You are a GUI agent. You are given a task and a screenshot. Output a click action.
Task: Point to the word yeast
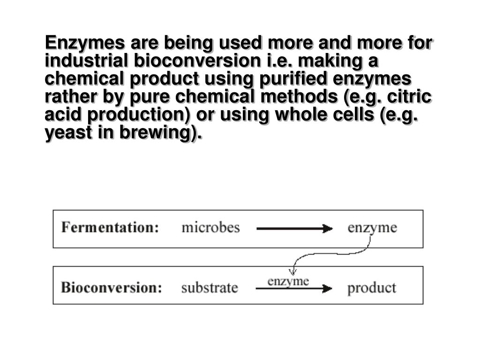point(66,134)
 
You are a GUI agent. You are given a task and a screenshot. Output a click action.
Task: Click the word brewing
point(159,134)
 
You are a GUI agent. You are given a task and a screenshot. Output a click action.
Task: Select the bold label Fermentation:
point(110,228)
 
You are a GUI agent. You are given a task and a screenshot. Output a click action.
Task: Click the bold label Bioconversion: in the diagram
point(112,287)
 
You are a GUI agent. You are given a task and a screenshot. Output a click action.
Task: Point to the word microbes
point(210,228)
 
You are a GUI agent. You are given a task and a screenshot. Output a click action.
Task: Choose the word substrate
point(210,287)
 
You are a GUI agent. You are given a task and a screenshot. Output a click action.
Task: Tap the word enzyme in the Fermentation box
point(372,228)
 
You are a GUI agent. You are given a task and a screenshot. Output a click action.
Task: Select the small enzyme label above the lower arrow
point(288,281)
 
